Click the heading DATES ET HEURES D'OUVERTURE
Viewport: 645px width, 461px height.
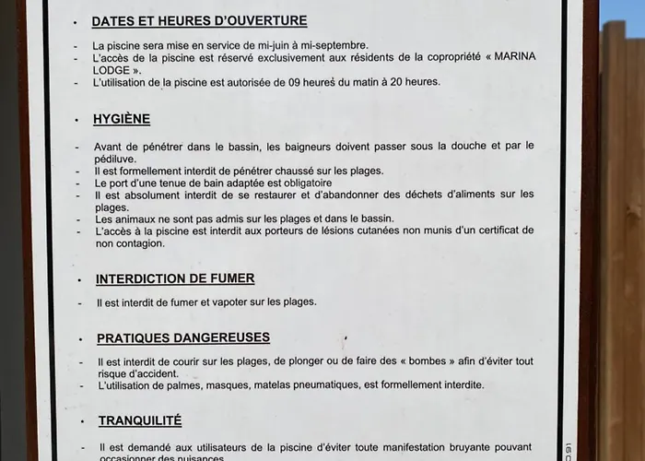coord(199,21)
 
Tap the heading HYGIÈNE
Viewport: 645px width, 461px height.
coord(122,119)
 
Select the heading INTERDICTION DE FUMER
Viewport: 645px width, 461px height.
coord(175,278)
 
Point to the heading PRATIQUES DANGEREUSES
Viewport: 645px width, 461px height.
coord(183,338)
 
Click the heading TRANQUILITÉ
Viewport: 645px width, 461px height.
coord(140,420)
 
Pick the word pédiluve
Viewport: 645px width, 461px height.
coord(116,159)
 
